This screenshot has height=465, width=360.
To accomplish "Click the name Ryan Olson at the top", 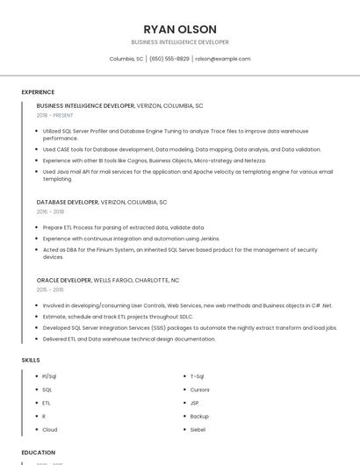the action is pyautogui.click(x=179, y=29).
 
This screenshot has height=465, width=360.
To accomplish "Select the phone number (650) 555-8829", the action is pyautogui.click(x=169, y=59).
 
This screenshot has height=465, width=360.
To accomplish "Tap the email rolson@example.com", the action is pyautogui.click(x=223, y=59).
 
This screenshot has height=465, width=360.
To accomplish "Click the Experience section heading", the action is pyautogui.click(x=38, y=92).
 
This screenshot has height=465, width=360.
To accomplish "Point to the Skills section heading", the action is pyautogui.click(x=31, y=360).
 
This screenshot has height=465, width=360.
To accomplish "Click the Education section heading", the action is pyautogui.click(x=39, y=453).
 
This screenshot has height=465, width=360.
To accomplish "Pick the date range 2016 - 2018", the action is pyautogui.click(x=50, y=211).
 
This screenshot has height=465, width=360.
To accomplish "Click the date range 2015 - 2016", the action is pyautogui.click(x=50, y=290).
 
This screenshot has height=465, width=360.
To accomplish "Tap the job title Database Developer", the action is pyautogui.click(x=68, y=202).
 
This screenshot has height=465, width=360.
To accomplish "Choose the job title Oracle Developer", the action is pyautogui.click(x=64, y=280).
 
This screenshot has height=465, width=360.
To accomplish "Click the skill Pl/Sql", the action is pyautogui.click(x=49, y=376).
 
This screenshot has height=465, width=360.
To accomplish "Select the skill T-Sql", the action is pyautogui.click(x=198, y=376).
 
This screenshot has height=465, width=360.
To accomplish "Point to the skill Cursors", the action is pyautogui.click(x=200, y=389).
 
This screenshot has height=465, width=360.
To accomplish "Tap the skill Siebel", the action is pyautogui.click(x=198, y=429).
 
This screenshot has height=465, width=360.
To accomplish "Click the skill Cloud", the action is pyautogui.click(x=49, y=429).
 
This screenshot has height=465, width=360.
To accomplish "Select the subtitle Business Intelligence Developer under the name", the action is pyautogui.click(x=179, y=42).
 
